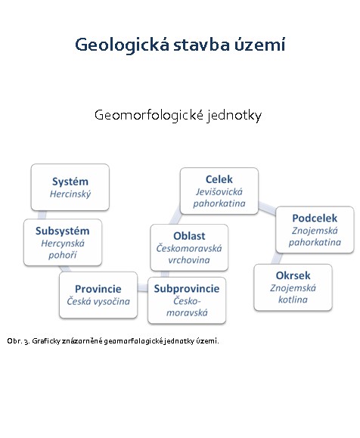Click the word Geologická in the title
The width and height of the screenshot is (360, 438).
(x=122, y=45)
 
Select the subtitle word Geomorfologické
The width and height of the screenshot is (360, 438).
(x=149, y=115)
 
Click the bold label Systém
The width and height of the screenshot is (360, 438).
(x=70, y=182)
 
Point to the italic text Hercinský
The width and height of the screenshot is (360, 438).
(x=70, y=194)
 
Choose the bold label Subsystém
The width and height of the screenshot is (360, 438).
(x=63, y=231)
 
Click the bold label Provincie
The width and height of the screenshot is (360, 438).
(x=98, y=288)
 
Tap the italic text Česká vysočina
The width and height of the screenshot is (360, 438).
(x=98, y=301)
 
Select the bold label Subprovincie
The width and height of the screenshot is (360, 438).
(x=187, y=289)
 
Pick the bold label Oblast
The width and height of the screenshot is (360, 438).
(x=189, y=236)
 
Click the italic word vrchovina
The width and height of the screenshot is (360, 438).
(x=189, y=260)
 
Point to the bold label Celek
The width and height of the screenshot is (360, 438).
(x=219, y=179)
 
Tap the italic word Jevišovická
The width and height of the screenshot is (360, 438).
(x=219, y=192)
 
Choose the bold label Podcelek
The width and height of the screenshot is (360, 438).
(x=315, y=218)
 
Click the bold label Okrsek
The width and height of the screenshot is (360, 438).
(x=293, y=275)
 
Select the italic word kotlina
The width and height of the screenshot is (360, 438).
(x=293, y=300)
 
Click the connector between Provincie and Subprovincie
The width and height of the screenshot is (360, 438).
(x=142, y=287)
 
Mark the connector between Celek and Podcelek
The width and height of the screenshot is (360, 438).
(x=267, y=208)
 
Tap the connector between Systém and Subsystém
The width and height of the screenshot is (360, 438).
(x=42, y=215)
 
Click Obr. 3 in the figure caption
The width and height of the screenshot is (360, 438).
(x=18, y=341)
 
